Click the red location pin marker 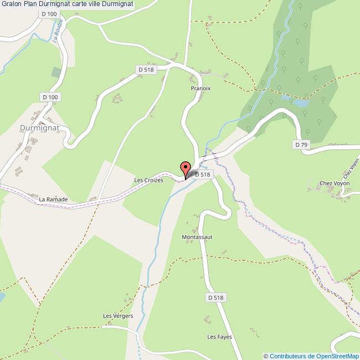pyautogui.click(x=186, y=167)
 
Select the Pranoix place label pyautogui.click(x=200, y=88)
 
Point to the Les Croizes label pyautogui.click(x=148, y=180)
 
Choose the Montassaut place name pyautogui.click(x=197, y=236)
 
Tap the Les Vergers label pyautogui.click(x=118, y=316)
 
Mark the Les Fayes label pyautogui.click(x=219, y=337)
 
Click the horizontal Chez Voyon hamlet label pyautogui.click(x=332, y=183)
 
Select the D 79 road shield pyautogui.click(x=301, y=145)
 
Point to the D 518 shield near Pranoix pyautogui.click(x=145, y=69)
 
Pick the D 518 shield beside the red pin pyautogui.click(x=203, y=174)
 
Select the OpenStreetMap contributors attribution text pyautogui.click(x=312, y=356)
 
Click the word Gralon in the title pyautogui.click(x=11, y=4)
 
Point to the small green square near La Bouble pyautogui.click(x=56, y=72)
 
